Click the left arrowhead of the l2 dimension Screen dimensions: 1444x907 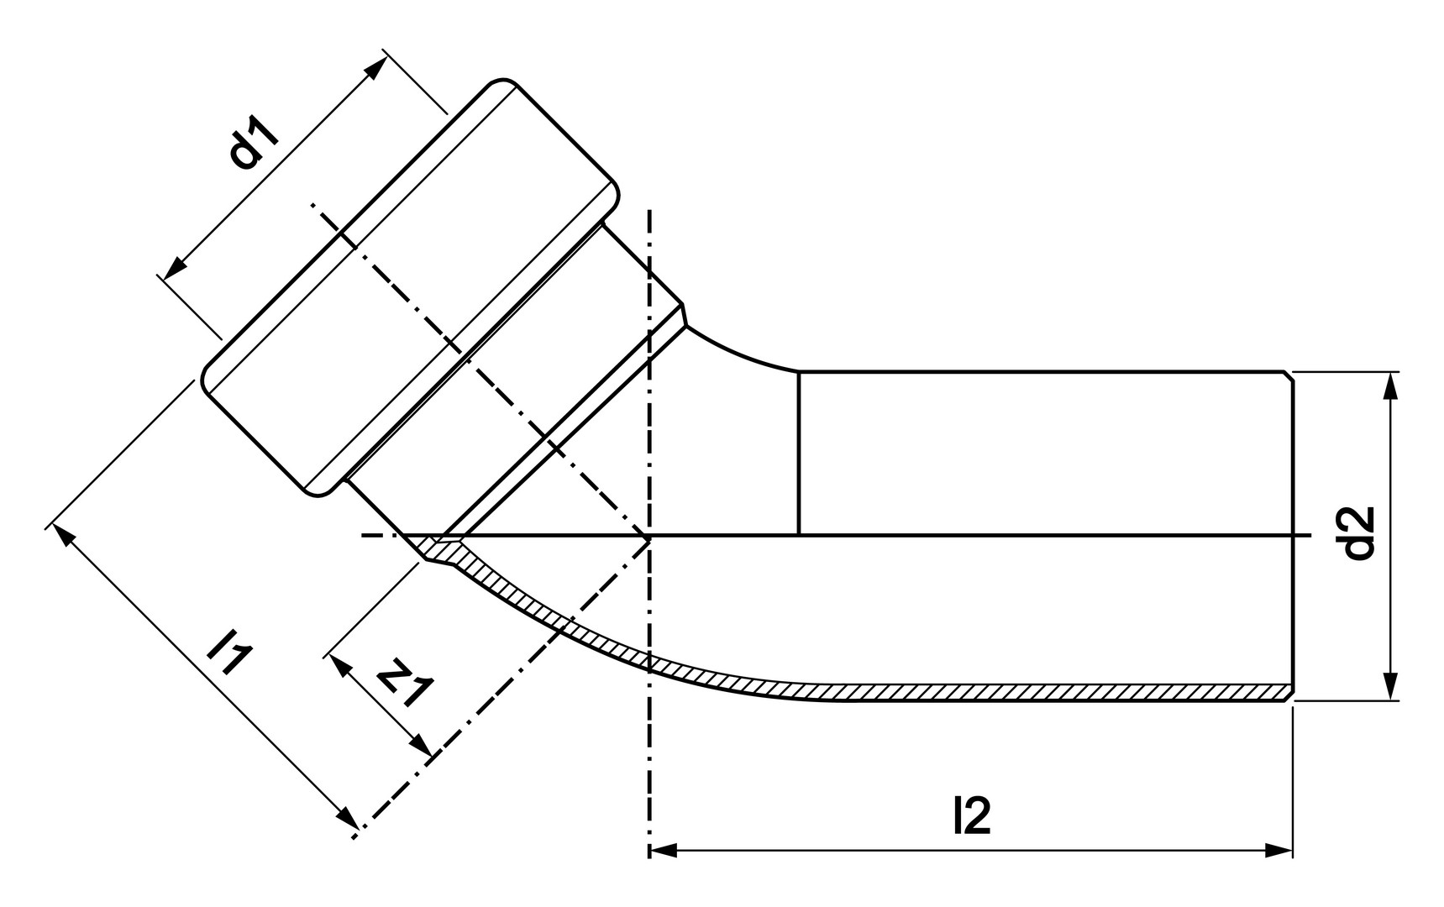point(663,851)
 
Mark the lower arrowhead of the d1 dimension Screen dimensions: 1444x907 point(174,268)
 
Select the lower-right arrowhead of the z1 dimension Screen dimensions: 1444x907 point(421,747)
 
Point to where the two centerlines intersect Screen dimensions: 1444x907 point(648,535)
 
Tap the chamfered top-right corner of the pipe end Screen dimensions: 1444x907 point(1289,375)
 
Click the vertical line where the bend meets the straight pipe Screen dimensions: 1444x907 point(798,453)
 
